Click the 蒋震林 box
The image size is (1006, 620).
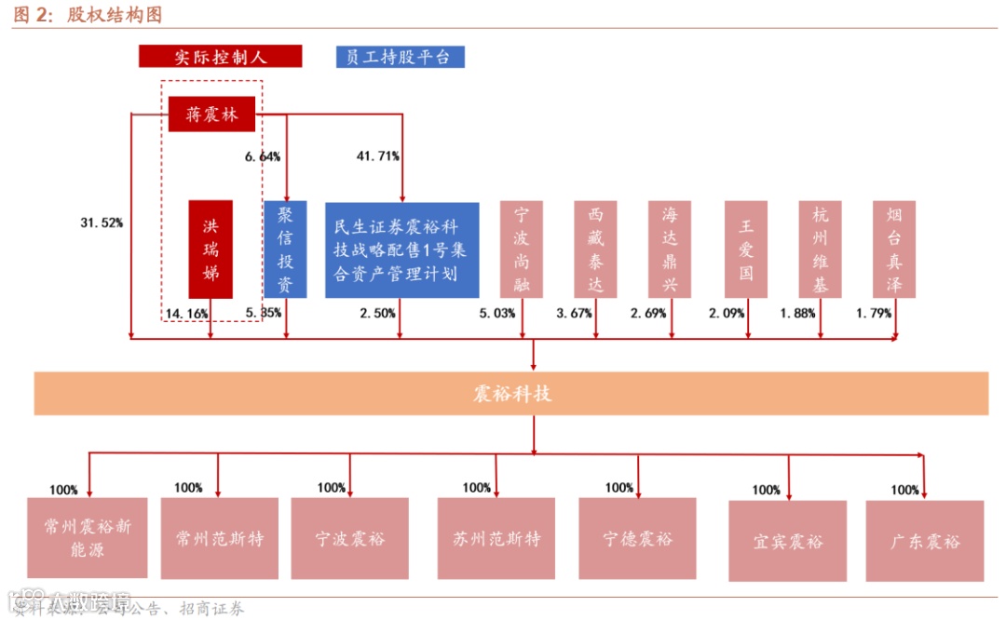211,115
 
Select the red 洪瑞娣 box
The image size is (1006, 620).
211,249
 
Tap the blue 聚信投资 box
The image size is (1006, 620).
285,249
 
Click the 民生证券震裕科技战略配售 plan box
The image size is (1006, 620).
401,249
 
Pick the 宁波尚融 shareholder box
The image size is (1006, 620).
522,249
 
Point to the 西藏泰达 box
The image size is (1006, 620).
595,249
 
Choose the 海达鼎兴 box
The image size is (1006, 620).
671,249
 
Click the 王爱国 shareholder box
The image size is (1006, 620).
746,249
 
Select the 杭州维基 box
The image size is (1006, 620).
820,249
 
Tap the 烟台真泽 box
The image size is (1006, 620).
894,249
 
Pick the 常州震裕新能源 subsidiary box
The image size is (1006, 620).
88,538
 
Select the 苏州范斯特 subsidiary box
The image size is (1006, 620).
496,538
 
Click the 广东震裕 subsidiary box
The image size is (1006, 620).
924,541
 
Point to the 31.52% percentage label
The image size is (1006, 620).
102,222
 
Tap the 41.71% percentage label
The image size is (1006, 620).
378,155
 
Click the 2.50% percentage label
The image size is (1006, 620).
378,314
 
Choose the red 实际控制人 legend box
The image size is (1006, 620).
220,57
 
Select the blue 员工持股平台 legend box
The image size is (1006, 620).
400,57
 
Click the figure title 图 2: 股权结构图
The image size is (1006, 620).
88,15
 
